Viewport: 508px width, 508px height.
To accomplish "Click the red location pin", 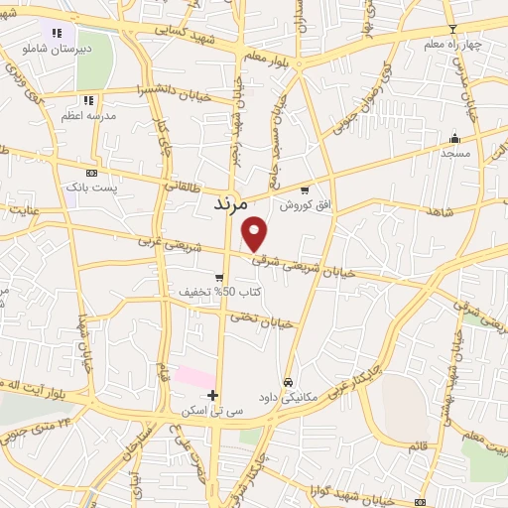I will pyautogui.click(x=255, y=234).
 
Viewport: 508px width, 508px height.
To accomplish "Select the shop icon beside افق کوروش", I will pyautogui.click(x=305, y=190).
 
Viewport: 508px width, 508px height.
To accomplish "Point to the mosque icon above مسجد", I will pyautogui.click(x=454, y=138).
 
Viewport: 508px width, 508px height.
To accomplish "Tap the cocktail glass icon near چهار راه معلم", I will pyautogui.click(x=452, y=29).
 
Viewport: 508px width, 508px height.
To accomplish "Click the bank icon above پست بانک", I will pyautogui.click(x=92, y=172).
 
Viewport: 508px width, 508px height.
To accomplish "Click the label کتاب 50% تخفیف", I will pyautogui.click(x=208, y=293).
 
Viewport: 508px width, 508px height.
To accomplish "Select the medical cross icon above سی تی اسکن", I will pyautogui.click(x=212, y=394).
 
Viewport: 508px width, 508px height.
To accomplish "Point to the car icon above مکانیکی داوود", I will pyautogui.click(x=288, y=381).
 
